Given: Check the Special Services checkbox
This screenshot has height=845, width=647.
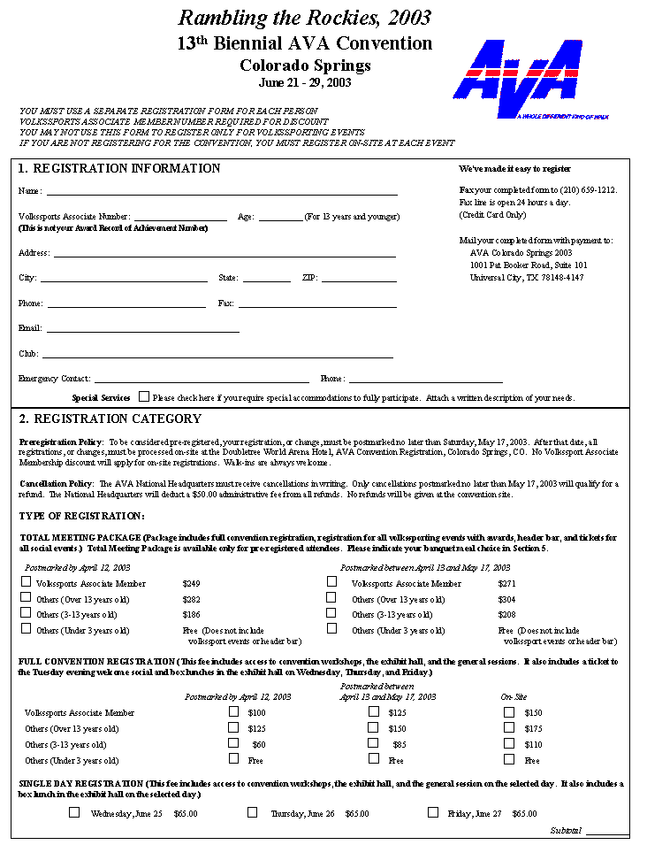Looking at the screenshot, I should [144, 397].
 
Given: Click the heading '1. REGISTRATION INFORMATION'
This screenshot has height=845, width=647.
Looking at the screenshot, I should [120, 169].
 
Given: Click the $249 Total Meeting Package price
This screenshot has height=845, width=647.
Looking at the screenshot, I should [191, 584].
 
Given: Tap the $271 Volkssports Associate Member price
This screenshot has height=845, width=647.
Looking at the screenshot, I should [506, 584].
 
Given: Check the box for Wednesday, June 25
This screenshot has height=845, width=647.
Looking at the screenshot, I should [74, 812].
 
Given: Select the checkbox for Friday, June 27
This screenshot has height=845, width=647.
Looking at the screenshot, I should [433, 812].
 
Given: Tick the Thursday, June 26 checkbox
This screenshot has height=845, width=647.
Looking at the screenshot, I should [253, 812].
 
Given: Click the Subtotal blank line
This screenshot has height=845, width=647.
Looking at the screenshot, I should [607, 832].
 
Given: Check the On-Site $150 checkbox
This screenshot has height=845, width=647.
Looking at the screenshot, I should [509, 711].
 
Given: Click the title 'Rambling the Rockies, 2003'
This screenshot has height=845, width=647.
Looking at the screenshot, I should [305, 17].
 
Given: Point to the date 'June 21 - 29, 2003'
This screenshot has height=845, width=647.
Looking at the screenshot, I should [305, 82].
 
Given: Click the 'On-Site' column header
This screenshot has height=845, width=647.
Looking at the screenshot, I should [514, 697].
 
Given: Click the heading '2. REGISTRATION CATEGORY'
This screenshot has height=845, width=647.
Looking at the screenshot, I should [110, 419].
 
